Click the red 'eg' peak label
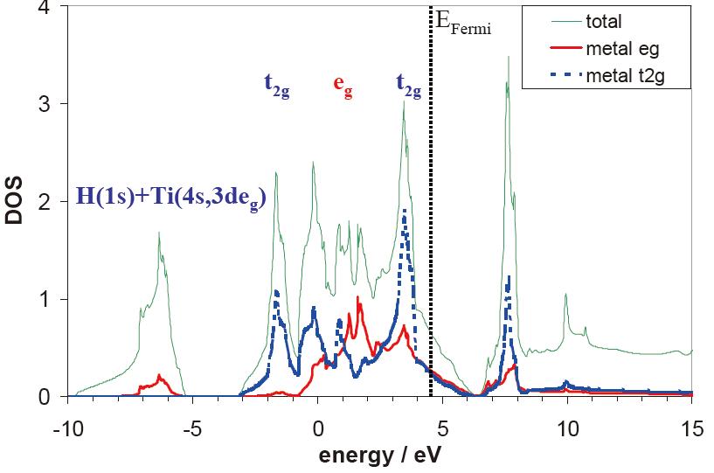pyautogui.click(x=343, y=86)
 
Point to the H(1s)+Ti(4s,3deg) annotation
pyautogui.click(x=171, y=199)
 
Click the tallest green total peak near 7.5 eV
pyautogui.click(x=508, y=59)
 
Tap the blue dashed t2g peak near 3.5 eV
pyautogui.click(x=404, y=211)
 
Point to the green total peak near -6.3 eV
pyautogui.click(x=159, y=233)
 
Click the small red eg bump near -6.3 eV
pyautogui.click(x=159, y=376)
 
